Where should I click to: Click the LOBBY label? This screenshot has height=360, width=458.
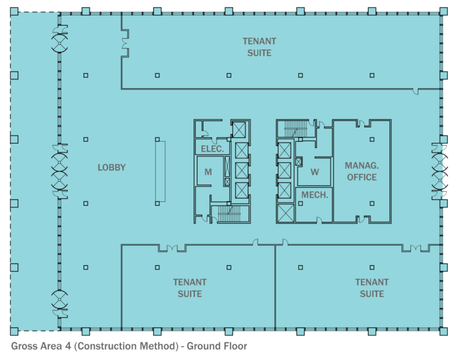click(112, 167)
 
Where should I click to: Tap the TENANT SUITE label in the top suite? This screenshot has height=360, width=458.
click(259, 47)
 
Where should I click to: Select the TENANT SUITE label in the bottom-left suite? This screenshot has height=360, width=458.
click(190, 288)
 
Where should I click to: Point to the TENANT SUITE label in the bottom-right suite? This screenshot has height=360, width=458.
click(372, 288)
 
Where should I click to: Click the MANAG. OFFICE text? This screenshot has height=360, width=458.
click(361, 171)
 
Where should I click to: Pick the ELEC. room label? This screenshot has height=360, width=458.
click(212, 149)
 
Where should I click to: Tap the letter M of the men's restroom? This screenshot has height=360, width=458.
click(208, 172)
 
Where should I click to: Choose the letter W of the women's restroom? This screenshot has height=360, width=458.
click(315, 173)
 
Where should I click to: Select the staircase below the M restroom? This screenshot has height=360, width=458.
click(228, 213)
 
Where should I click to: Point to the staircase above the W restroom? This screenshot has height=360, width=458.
click(295, 128)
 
